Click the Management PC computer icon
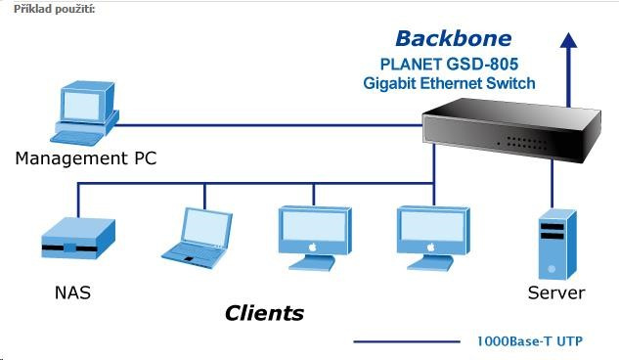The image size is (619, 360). [x=84, y=113]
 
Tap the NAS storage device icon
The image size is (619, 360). [x=78, y=239]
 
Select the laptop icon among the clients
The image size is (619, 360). [x=197, y=239]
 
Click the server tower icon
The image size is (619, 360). [x=557, y=245]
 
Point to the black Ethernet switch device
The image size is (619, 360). [x=511, y=129]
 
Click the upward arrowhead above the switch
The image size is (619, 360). [x=568, y=40]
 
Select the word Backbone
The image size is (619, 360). [x=453, y=39]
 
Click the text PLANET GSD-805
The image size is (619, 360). [x=449, y=64]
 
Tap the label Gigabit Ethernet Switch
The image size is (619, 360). [x=449, y=83]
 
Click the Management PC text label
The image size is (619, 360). [x=86, y=158]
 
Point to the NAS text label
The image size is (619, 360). [x=72, y=292]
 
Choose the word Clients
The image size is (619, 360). [x=264, y=313]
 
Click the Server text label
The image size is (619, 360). [x=556, y=292]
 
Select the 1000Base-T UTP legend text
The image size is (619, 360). [x=530, y=341]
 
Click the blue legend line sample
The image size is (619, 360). [x=407, y=341]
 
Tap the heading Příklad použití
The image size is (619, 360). [x=55, y=9]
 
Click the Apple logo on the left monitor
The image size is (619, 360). [x=313, y=247]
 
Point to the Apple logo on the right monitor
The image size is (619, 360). [x=431, y=247]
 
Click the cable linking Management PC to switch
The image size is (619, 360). [x=269, y=125]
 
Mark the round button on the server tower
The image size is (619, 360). [x=552, y=269]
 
